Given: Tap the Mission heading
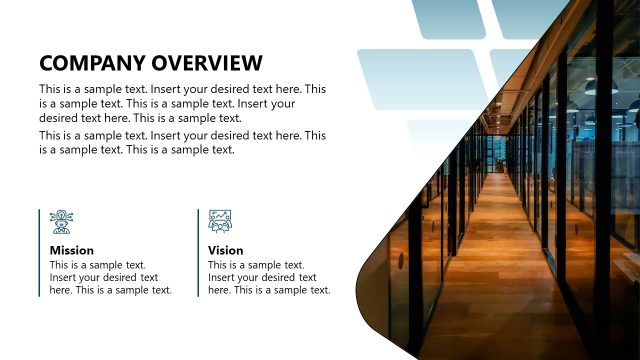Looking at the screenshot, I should (72, 250).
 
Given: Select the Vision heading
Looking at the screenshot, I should (226, 250).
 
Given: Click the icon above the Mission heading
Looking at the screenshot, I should (62, 222).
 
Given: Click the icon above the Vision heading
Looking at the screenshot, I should (220, 222).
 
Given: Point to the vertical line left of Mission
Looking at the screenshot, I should (40, 252).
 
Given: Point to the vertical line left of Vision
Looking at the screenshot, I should (198, 252).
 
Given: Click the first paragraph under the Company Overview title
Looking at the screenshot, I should (182, 103).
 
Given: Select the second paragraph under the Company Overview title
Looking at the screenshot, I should (182, 142).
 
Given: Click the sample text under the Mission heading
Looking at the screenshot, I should (110, 277).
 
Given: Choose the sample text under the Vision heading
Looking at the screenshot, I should (268, 277).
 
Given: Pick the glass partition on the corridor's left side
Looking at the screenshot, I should (440, 230).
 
